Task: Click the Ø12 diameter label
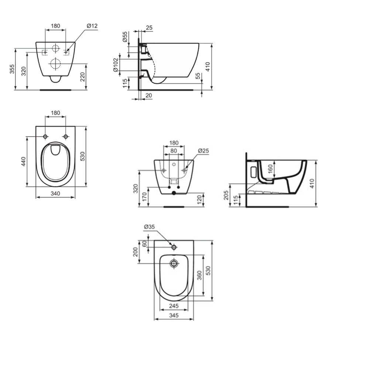[92, 25]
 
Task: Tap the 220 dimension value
[83, 77]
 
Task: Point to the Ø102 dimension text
[115, 64]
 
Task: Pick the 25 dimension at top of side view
[149, 27]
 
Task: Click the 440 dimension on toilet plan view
[23, 161]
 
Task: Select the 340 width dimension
[55, 193]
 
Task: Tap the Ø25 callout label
[203, 151]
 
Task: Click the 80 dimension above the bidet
[174, 151]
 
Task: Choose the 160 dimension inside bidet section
[270, 169]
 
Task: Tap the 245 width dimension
[174, 306]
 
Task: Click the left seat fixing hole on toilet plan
[45, 137]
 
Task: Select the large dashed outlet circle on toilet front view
[55, 64]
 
